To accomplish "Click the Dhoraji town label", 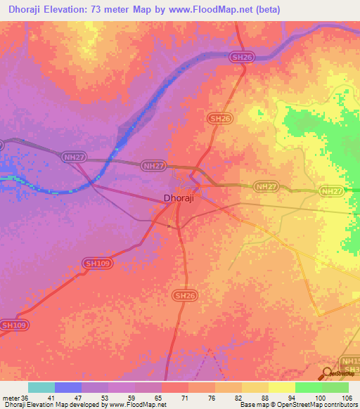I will (x=178, y=198).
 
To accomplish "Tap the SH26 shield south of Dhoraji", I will (x=183, y=297).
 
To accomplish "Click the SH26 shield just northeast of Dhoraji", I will (x=219, y=119).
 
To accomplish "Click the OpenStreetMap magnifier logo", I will (x=328, y=374).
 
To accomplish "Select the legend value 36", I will (x=27, y=397).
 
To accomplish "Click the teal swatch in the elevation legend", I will (x=41, y=387).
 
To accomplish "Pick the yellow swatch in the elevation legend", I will (x=282, y=387).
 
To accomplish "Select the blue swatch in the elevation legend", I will (x=68, y=387).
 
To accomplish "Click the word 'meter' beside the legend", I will (x=11, y=397).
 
